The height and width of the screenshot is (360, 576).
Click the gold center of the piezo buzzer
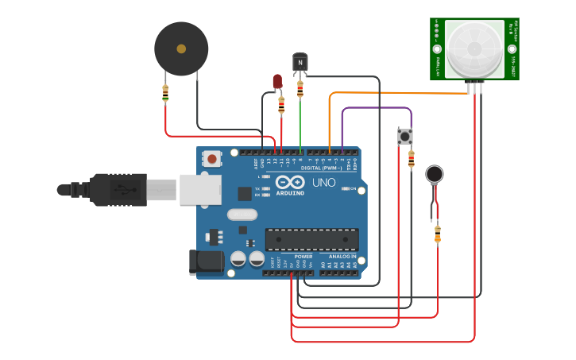click(181, 48)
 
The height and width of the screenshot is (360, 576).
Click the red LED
click(277, 81)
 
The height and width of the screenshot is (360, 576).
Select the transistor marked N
click(300, 63)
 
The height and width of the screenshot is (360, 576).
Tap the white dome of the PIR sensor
click(474, 48)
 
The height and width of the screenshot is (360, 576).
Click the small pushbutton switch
click(405, 137)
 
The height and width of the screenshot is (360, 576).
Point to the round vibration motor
click(434, 174)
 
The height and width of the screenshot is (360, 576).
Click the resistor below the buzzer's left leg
click(165, 94)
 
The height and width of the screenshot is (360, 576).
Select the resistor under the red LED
click(281, 106)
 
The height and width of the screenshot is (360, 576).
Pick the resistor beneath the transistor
click(300, 89)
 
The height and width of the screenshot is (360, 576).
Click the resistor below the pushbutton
click(411, 160)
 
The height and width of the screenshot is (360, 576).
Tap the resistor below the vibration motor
click(437, 234)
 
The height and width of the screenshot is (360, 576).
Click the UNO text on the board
click(323, 183)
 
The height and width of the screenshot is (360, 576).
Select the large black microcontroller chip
click(311, 238)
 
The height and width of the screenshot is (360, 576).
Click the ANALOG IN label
click(343, 257)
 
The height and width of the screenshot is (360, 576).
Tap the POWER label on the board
click(303, 257)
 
